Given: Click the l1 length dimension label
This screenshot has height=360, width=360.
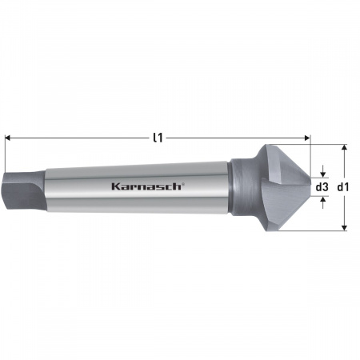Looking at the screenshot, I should click(158, 138).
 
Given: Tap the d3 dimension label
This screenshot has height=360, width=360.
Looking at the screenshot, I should click(322, 186).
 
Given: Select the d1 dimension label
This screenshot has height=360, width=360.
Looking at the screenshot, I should click(342, 186).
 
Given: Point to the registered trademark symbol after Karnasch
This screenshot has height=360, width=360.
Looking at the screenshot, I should click(184, 183).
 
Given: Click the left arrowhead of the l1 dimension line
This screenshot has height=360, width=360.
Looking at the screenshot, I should click(8, 138).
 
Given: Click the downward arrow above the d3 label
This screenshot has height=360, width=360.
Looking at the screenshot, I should click(322, 173).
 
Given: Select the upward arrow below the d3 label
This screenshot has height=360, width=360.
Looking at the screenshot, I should click(322, 201).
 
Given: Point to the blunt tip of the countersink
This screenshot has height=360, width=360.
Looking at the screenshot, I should click(308, 187).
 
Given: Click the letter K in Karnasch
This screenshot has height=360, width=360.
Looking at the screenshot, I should click(115, 186).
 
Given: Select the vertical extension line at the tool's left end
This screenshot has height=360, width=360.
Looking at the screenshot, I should click(4, 156).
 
